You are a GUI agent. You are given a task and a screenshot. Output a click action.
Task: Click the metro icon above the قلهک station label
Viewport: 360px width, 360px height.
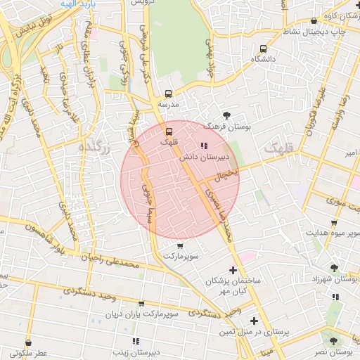click(x=168, y=131)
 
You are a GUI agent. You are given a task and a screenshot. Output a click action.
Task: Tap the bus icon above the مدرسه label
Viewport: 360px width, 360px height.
click(x=168, y=93)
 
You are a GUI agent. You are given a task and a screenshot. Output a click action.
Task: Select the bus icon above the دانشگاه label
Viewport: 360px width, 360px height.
click(x=263, y=49)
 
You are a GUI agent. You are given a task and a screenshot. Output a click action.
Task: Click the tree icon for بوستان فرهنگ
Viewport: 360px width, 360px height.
click(x=226, y=114)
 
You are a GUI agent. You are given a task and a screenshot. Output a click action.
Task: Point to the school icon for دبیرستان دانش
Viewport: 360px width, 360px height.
click(x=204, y=146)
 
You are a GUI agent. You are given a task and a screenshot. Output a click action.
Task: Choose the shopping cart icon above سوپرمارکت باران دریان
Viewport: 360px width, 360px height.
click(x=141, y=304)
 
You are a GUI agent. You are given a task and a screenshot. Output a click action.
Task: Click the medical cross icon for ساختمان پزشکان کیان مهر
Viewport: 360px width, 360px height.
click(x=233, y=270)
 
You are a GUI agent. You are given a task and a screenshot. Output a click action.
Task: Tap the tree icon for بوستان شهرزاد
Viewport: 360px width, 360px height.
click(x=333, y=268)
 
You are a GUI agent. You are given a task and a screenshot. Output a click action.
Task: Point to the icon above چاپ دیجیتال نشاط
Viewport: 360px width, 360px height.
click(x=313, y=22)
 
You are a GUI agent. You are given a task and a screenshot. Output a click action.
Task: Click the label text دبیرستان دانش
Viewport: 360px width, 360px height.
click(x=195, y=158)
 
